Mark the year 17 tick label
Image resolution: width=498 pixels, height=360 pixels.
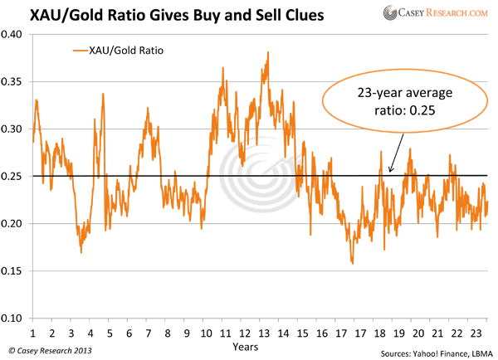[344, 333]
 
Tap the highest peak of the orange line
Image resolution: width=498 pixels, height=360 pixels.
[267, 52]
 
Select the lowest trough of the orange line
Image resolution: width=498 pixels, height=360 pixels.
[353, 264]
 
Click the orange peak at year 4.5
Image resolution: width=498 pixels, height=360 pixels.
[103, 94]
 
